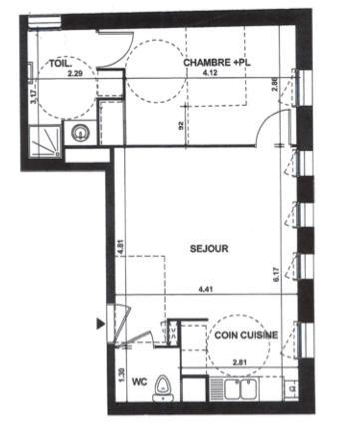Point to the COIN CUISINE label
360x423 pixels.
pos(244,336)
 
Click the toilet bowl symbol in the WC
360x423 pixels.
pos(163,393)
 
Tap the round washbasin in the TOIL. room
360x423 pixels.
pos(79,133)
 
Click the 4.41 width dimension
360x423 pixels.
pos(206,290)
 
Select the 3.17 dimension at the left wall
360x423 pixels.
pos(33,96)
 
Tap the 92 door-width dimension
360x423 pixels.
pos(180,127)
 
